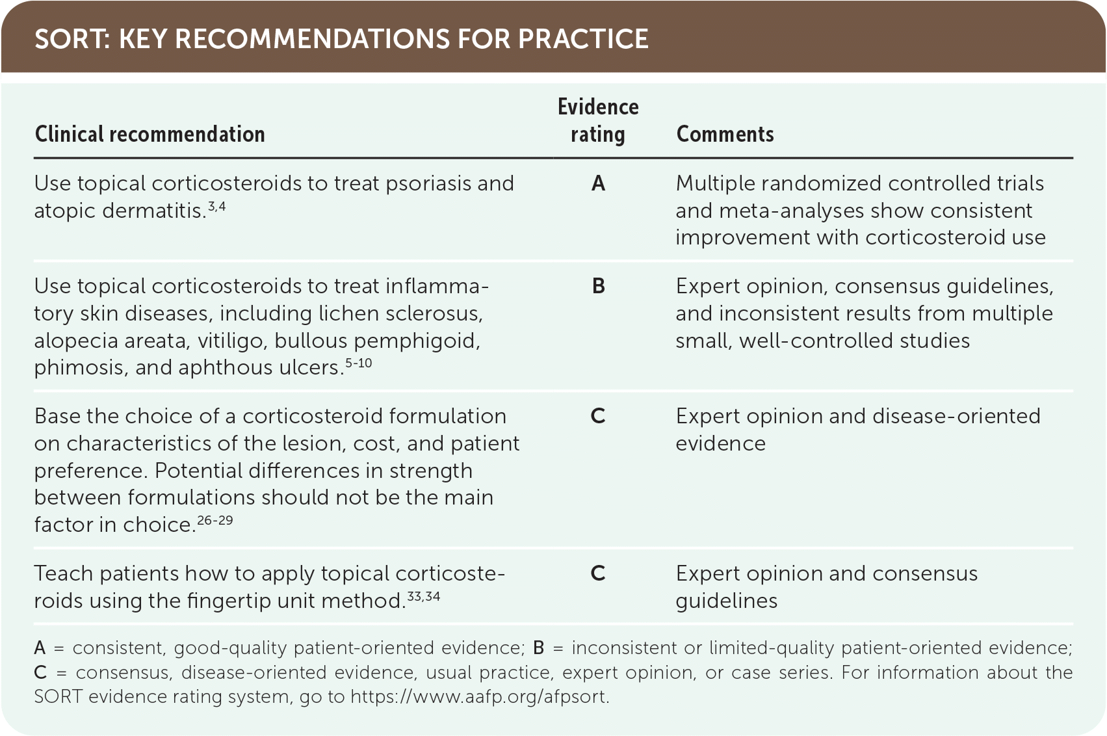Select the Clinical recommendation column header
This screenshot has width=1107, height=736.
click(150, 134)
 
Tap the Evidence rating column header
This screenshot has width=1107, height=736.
click(598, 120)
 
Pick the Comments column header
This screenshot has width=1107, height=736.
click(725, 134)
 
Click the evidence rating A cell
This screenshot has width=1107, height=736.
click(598, 184)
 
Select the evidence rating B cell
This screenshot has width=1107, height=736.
click(598, 287)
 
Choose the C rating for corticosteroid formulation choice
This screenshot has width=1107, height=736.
click(598, 416)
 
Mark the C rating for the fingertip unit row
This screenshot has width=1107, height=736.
click(598, 573)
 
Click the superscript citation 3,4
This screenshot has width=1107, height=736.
click(216, 206)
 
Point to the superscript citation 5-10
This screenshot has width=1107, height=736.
click(358, 363)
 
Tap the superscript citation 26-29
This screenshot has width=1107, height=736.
click(215, 520)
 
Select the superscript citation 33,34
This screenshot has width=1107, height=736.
click(423, 596)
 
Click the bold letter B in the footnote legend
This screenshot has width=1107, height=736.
click(539, 648)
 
